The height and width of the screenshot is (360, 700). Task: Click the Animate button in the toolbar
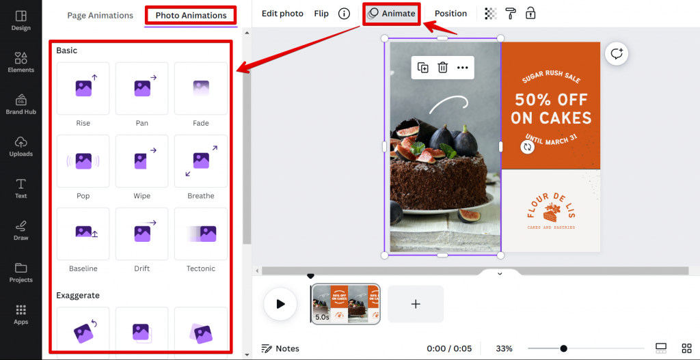392,14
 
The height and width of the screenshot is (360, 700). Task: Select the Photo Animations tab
191,15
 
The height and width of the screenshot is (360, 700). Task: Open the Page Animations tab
100,15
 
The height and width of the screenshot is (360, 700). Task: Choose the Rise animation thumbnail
83,88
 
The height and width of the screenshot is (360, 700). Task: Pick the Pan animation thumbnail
142,88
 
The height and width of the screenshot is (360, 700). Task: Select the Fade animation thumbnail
201,88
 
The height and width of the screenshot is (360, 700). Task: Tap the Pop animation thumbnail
83,161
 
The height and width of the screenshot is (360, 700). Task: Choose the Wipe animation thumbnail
142,161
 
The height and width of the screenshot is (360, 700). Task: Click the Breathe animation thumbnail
201,161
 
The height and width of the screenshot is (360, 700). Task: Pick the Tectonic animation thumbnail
201,234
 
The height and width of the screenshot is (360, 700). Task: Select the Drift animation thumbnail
142,234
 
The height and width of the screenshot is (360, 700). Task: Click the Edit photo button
282,14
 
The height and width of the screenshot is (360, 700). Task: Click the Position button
450,14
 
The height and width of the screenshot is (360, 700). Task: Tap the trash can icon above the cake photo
443,67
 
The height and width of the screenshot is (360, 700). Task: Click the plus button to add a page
416,304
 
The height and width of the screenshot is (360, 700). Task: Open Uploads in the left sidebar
21,146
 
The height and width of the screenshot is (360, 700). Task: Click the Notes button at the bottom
280,348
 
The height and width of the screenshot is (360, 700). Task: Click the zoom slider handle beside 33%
563,348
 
